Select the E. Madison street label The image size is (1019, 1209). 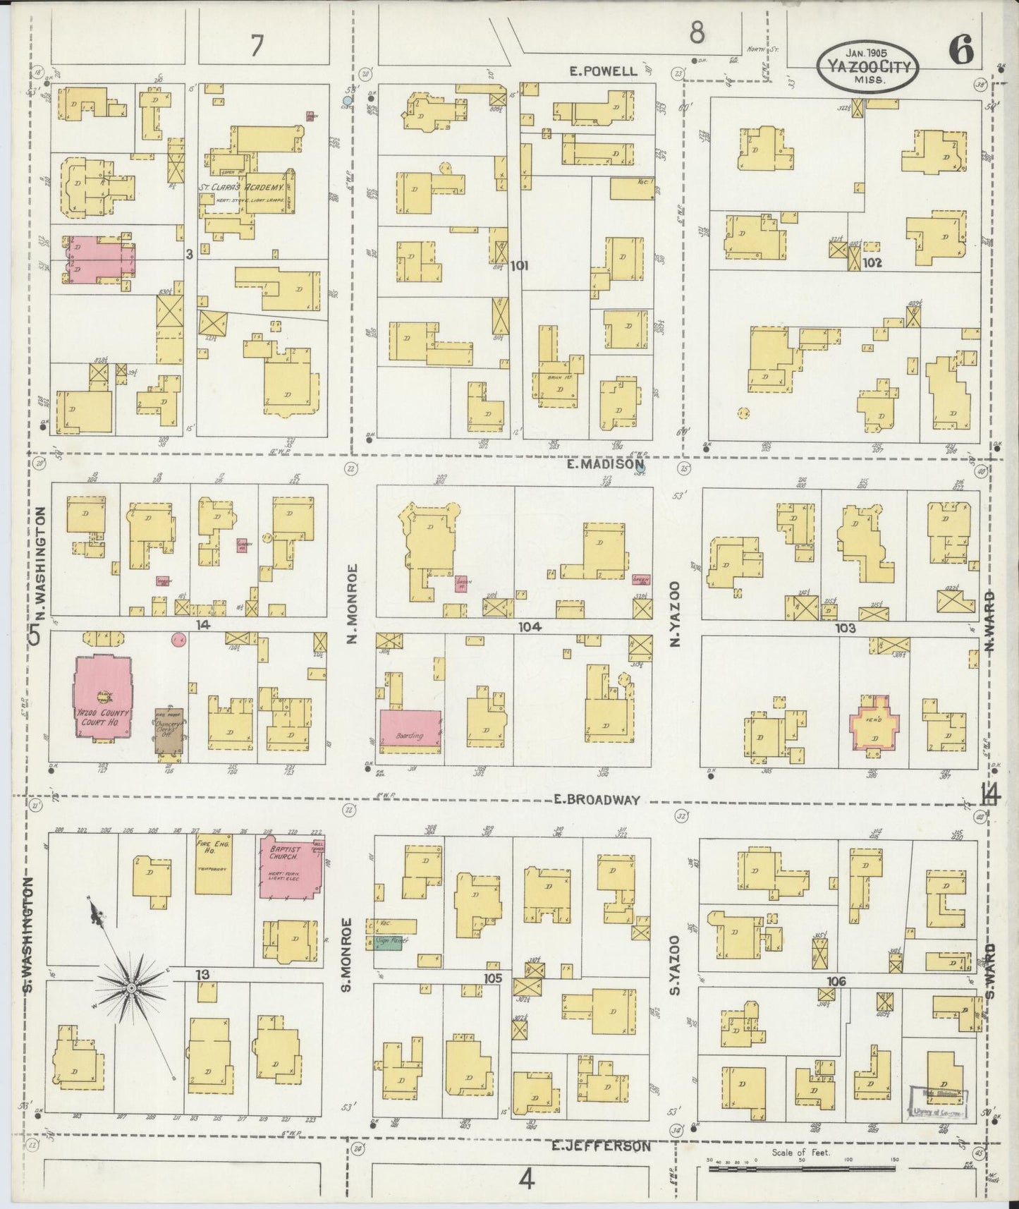point(605,465)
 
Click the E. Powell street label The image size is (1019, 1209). point(604,71)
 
